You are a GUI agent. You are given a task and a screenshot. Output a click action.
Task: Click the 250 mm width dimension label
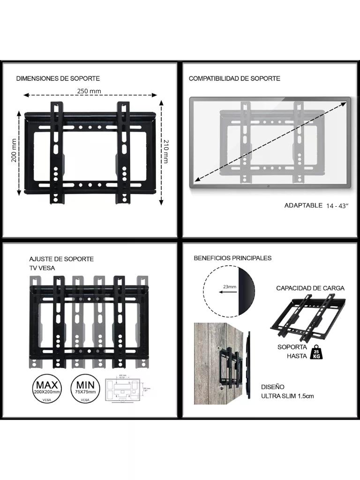[x=89, y=91]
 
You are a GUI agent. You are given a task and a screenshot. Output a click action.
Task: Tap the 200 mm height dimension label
[x=14, y=150]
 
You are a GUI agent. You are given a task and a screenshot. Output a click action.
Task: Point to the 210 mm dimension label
[x=165, y=151]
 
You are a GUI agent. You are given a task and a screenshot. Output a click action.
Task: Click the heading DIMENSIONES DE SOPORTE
[x=58, y=78]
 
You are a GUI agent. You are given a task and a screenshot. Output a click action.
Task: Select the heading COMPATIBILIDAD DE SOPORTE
[x=234, y=78]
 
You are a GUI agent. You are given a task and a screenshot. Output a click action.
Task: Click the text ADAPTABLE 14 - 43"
[x=316, y=205]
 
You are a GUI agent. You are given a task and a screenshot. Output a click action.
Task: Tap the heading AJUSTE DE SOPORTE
[x=61, y=259]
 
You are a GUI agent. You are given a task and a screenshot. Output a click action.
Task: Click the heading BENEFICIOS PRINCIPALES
[x=232, y=258]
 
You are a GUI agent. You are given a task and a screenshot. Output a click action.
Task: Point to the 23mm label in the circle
[x=230, y=286]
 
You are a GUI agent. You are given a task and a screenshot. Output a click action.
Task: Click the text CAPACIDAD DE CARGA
[x=310, y=288]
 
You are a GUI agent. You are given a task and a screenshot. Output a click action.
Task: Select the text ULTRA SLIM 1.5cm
[x=287, y=396]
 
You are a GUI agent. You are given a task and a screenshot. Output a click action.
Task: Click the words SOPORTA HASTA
[x=293, y=352]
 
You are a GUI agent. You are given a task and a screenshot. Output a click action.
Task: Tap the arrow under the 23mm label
[x=227, y=292]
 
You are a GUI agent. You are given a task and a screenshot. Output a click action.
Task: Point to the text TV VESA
[x=42, y=268]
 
